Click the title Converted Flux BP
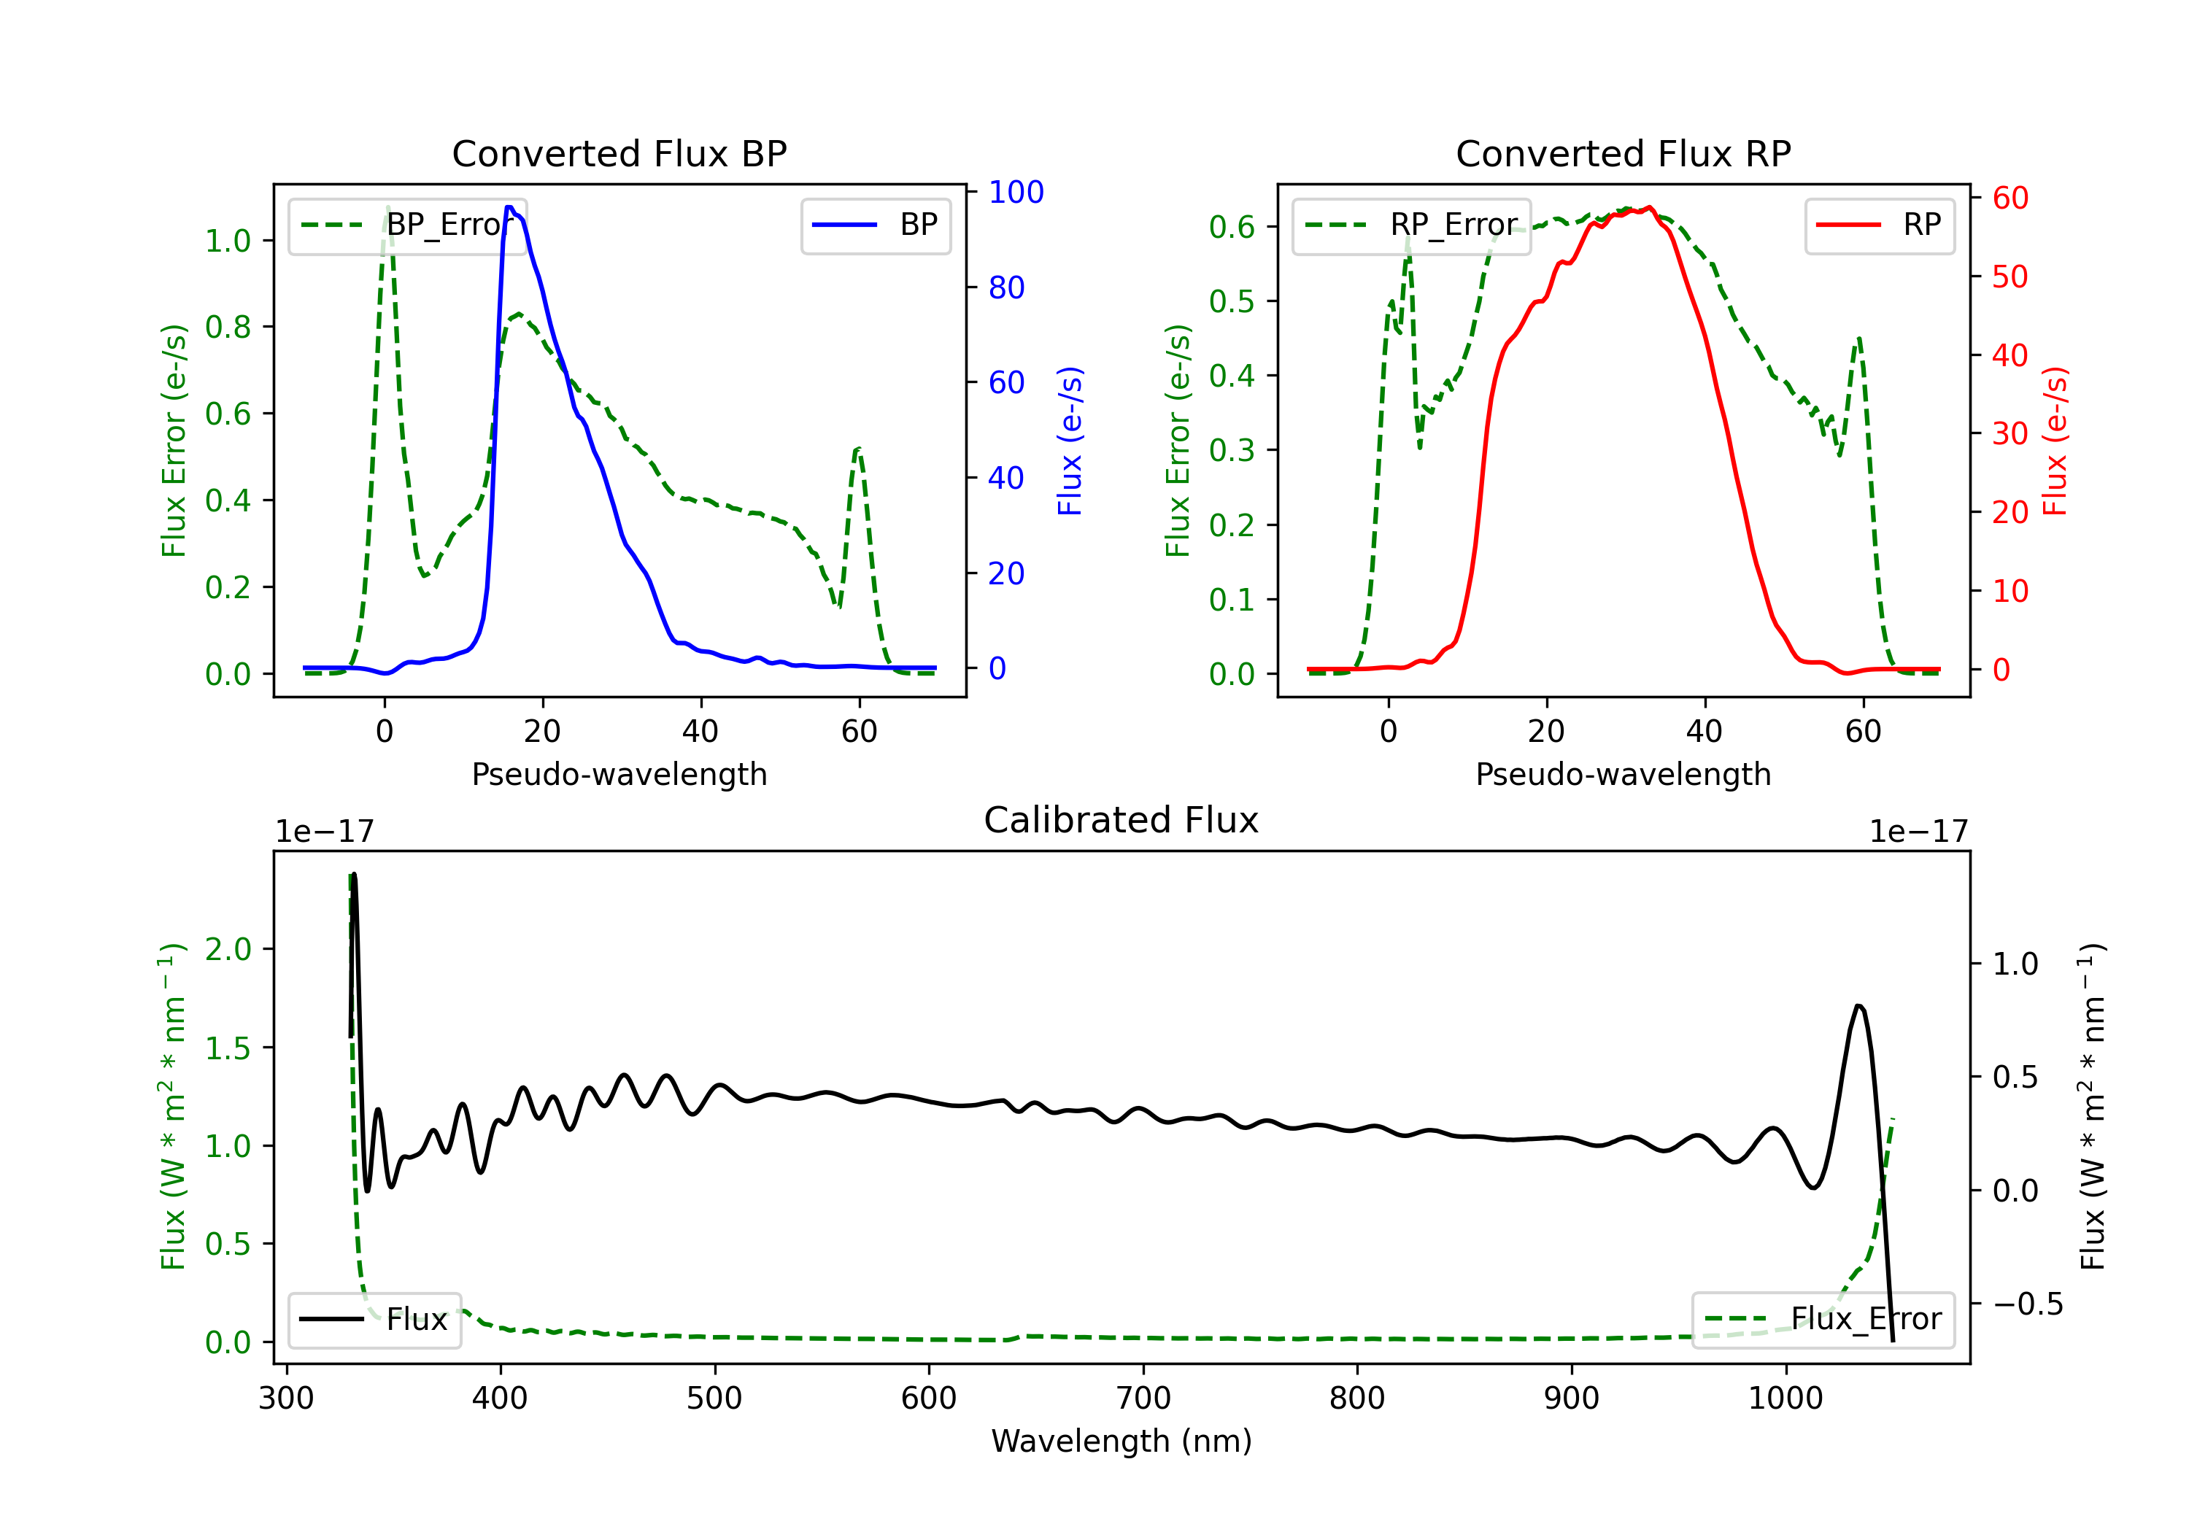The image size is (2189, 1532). [619, 153]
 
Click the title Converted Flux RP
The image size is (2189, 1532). [1623, 153]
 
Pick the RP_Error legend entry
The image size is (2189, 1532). [1411, 225]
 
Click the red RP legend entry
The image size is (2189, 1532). [1879, 225]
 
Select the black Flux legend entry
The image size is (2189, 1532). [375, 1320]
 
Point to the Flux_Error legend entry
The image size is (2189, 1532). [1823, 1320]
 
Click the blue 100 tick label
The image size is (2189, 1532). [1016, 193]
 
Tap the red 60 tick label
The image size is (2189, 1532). [2010, 198]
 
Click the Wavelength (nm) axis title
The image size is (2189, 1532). [1121, 1441]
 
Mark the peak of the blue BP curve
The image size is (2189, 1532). [510, 207]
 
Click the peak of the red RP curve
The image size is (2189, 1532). [1649, 208]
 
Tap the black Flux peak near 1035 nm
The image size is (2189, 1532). [1859, 1006]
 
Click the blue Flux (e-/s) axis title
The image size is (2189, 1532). [1070, 441]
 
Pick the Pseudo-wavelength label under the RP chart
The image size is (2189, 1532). [1623, 774]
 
